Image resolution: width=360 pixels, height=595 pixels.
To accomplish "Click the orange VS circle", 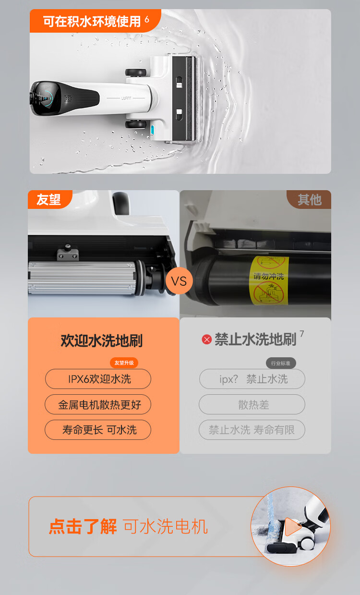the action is (x=179, y=281).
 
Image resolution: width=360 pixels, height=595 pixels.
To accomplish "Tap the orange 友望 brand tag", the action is (x=49, y=199).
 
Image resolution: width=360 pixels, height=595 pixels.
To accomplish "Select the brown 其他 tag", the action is (x=309, y=199).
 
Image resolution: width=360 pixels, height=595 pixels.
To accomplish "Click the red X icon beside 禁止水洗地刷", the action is (x=207, y=340).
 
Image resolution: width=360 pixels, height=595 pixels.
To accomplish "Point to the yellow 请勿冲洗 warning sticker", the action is (x=269, y=280).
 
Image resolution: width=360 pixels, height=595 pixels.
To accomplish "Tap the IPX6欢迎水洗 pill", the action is (x=98, y=379).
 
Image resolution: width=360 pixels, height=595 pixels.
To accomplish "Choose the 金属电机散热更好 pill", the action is (x=98, y=404).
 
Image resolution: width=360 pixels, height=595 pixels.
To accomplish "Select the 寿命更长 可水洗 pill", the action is (x=98, y=430).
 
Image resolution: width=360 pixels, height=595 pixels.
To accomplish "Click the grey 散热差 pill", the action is (x=252, y=404).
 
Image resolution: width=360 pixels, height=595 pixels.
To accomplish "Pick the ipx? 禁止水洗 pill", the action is (x=252, y=379).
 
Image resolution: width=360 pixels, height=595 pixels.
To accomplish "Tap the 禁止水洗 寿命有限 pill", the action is (x=252, y=430).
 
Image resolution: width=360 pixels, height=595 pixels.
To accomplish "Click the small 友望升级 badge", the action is (x=124, y=363).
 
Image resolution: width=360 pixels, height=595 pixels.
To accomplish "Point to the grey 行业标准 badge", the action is (x=281, y=363).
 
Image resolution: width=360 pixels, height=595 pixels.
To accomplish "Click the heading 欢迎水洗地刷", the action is (x=102, y=340).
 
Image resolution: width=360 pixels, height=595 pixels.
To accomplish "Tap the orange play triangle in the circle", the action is (x=293, y=526).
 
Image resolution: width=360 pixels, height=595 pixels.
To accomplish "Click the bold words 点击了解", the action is (x=83, y=526).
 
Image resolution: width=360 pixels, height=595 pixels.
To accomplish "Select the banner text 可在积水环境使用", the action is (x=92, y=21).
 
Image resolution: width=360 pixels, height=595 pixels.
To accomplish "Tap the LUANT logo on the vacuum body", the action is (x=126, y=98).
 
